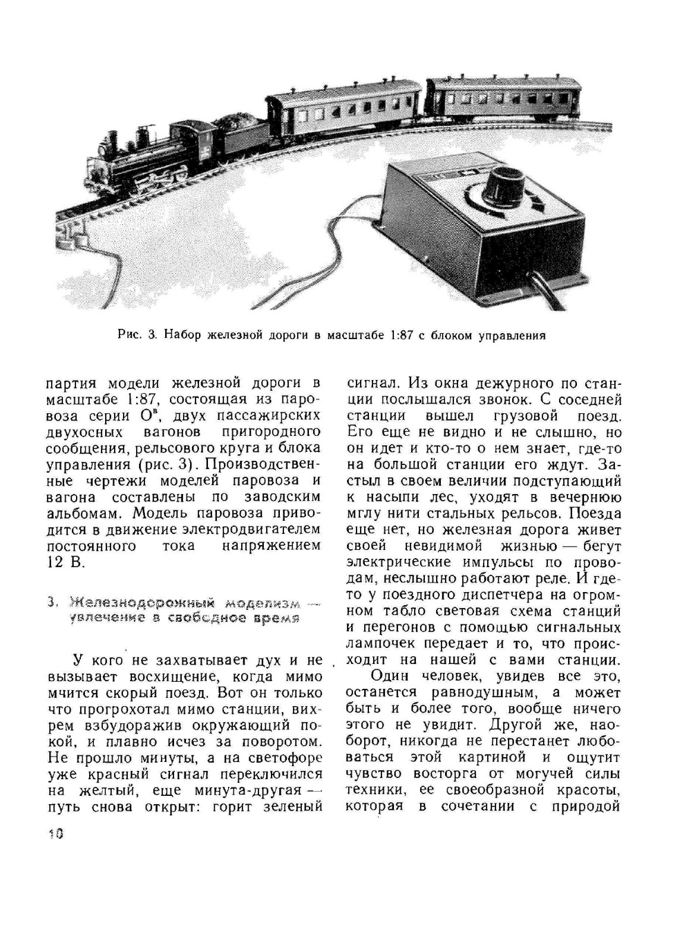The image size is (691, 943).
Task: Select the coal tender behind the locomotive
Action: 239,134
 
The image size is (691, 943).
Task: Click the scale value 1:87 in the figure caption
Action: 401,336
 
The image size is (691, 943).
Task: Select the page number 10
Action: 56,834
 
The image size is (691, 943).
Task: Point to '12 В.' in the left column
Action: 66,562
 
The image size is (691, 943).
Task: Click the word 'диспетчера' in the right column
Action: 511,594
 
